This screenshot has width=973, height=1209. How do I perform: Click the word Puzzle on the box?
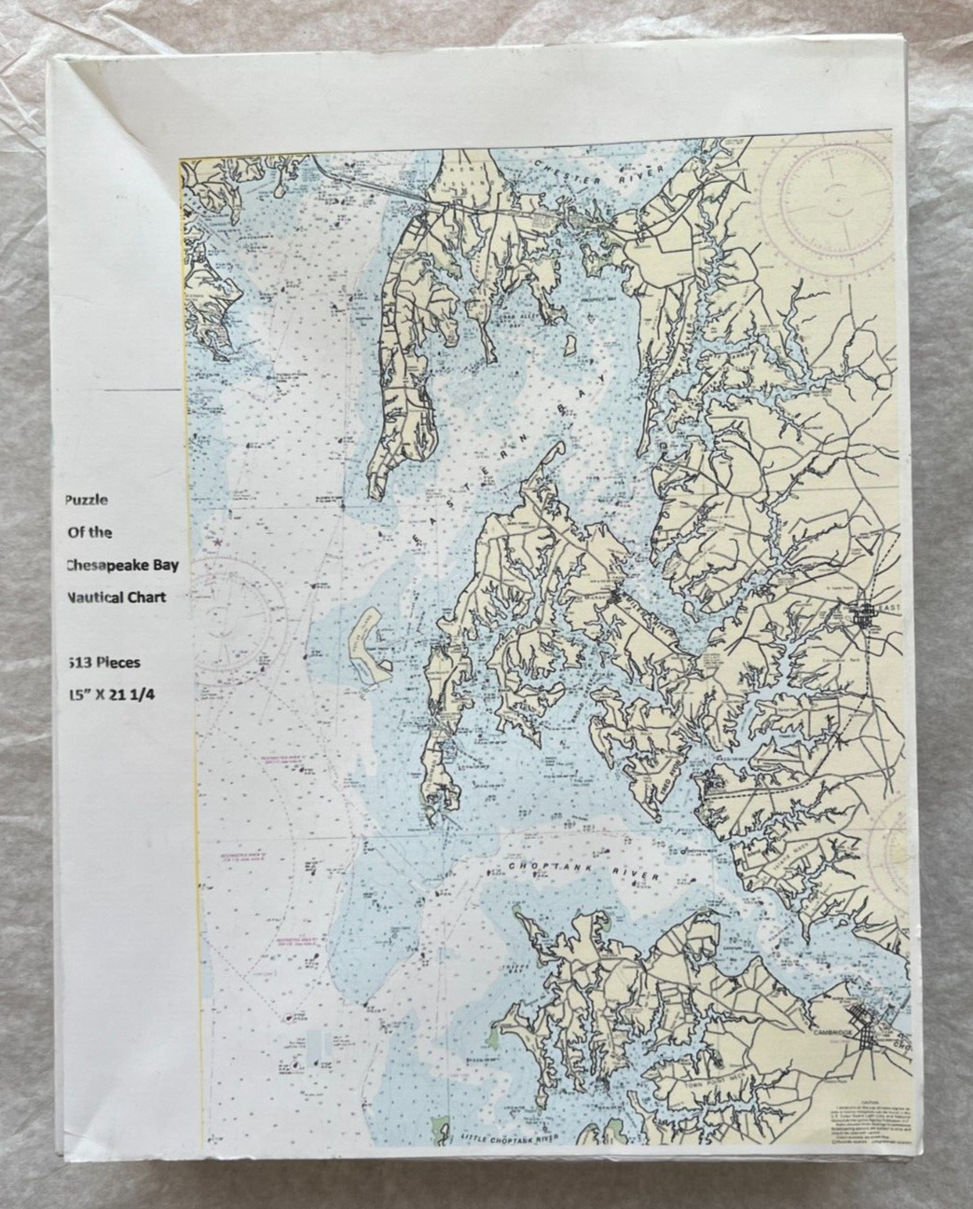point(86,499)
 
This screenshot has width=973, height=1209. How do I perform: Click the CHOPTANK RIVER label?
point(583,872)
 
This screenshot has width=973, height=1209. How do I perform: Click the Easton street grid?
point(866,613)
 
